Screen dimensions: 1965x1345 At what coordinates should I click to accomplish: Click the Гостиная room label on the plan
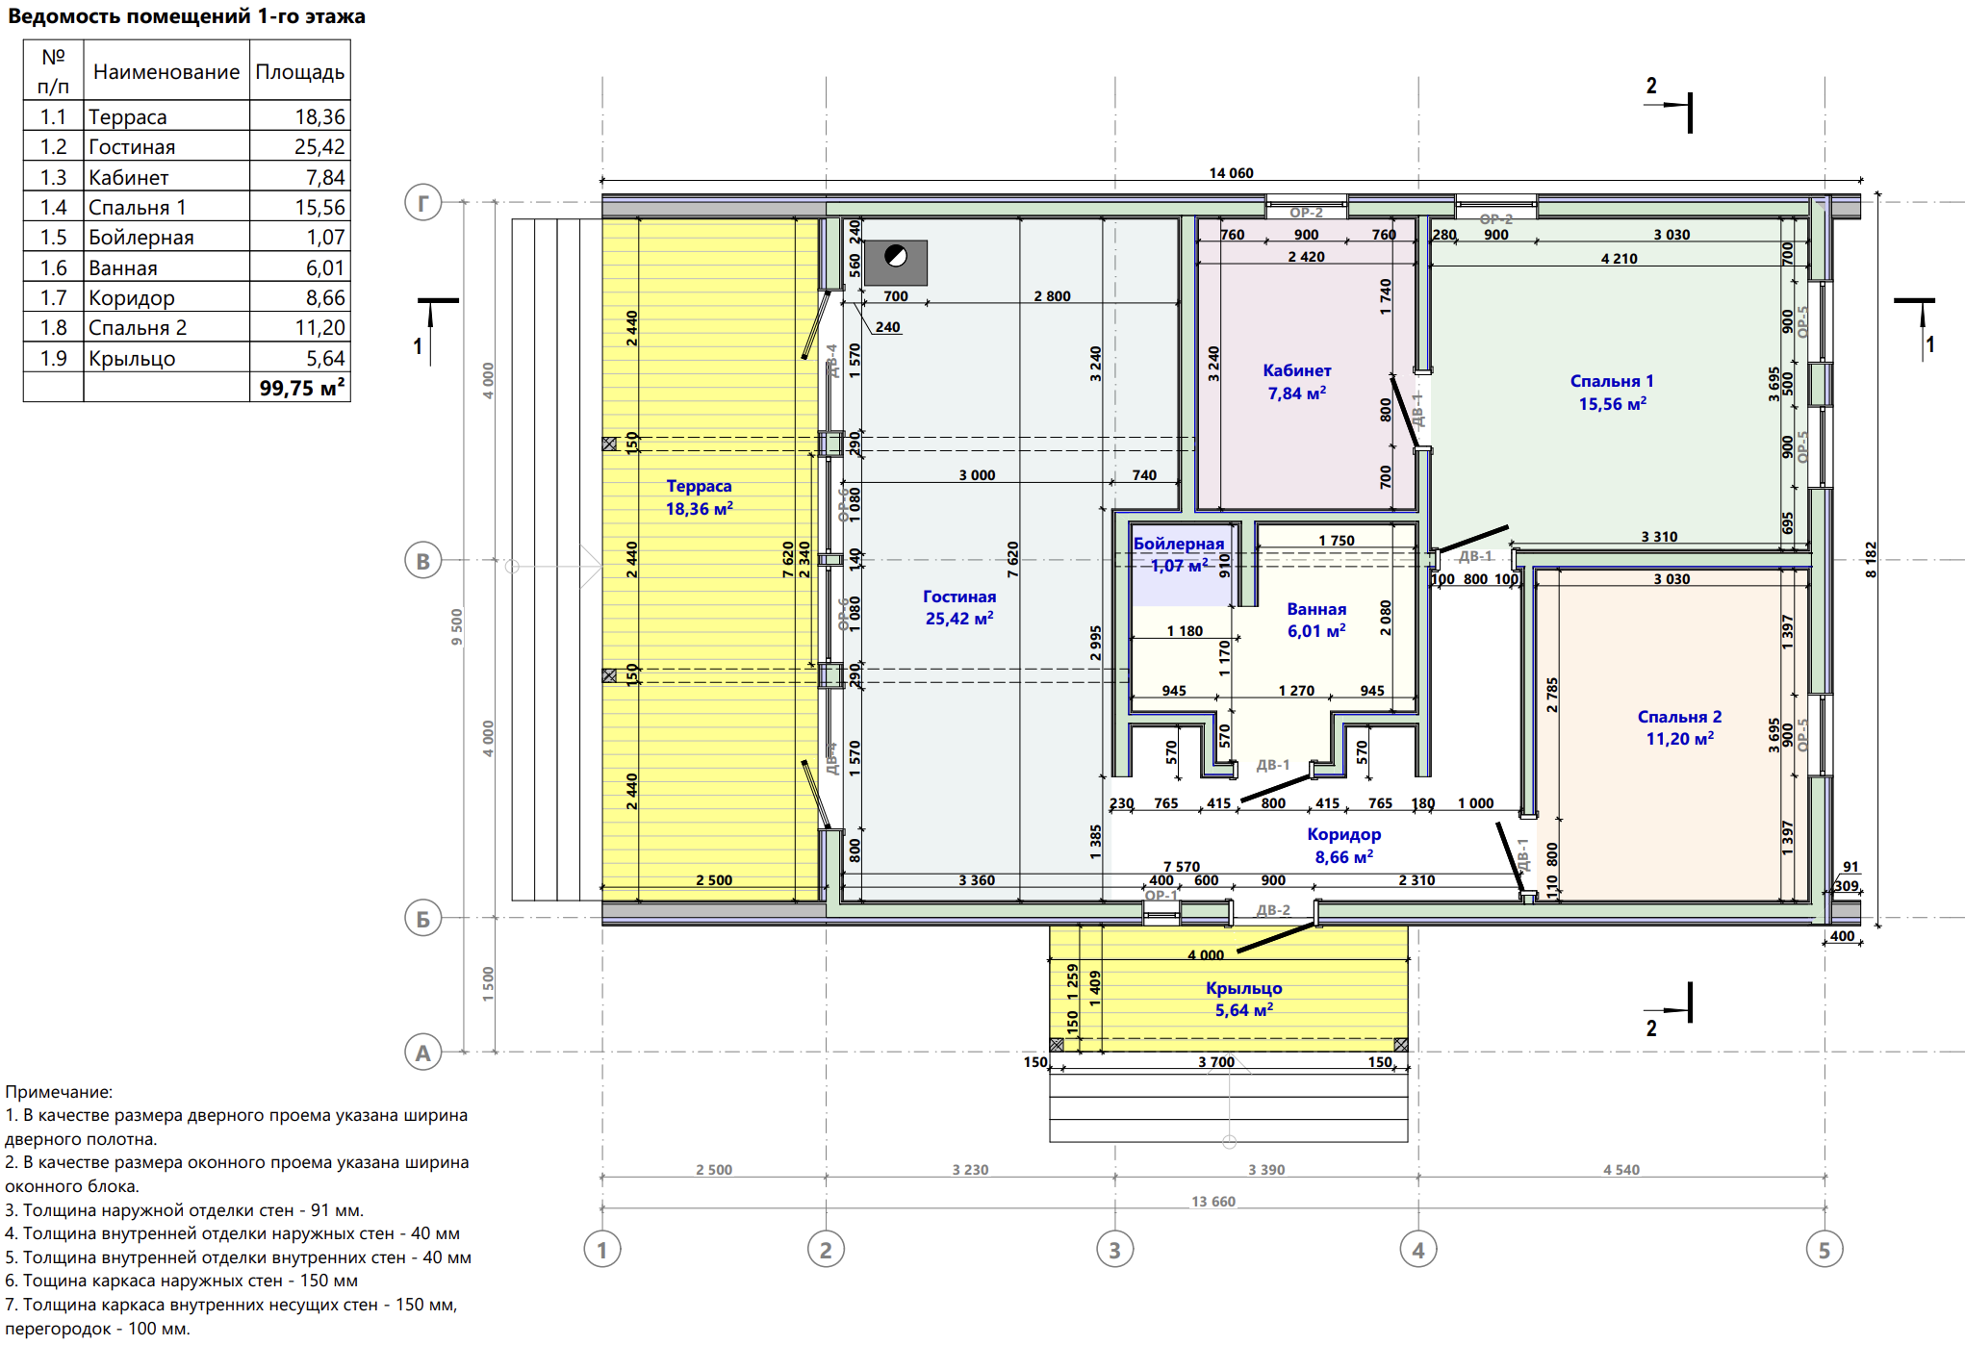click(x=959, y=596)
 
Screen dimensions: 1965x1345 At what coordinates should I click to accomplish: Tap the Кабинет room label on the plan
click(x=1297, y=370)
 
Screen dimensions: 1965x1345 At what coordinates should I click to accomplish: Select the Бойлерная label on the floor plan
click(x=1179, y=544)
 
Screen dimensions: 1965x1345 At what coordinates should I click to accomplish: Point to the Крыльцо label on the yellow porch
click(x=1243, y=988)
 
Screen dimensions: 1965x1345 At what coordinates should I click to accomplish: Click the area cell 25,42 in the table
click(x=319, y=146)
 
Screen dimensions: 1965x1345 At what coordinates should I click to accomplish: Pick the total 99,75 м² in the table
click(x=302, y=388)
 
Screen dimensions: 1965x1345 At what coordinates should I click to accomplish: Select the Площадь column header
click(x=299, y=72)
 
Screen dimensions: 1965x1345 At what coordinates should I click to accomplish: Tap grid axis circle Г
click(x=422, y=202)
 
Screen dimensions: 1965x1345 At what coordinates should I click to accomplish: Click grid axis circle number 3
click(x=1114, y=1250)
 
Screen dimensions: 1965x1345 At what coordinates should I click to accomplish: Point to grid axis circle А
click(x=422, y=1053)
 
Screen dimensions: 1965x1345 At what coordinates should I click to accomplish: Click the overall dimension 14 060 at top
click(x=1231, y=173)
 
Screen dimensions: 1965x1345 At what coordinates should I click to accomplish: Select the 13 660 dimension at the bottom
click(x=1212, y=1202)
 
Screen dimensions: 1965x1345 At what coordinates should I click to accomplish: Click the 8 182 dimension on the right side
click(x=1871, y=559)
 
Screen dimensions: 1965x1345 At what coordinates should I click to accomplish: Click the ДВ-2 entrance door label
click(x=1273, y=910)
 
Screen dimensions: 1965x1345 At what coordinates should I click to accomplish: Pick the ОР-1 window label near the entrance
click(x=1161, y=896)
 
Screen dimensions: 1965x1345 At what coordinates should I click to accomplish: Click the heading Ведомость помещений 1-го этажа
click(x=187, y=16)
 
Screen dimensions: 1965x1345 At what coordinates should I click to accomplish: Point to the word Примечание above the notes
click(x=59, y=1092)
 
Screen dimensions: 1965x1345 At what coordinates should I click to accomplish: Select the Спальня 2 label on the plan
click(x=1679, y=717)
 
